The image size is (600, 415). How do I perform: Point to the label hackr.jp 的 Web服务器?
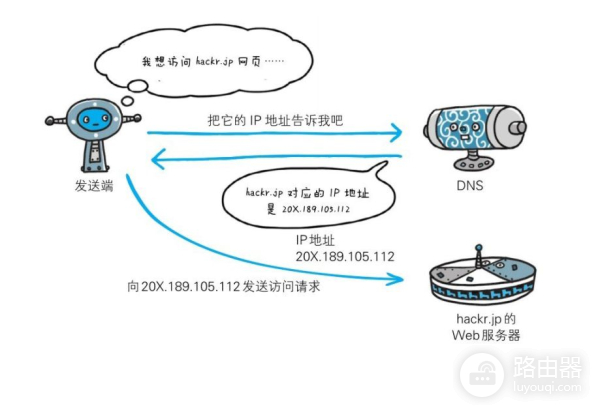485,326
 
